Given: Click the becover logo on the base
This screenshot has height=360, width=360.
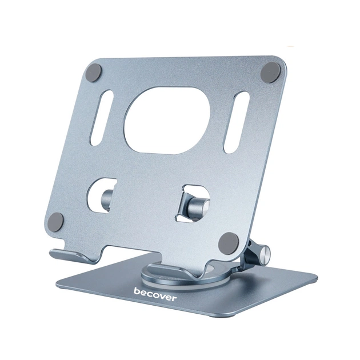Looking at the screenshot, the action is [155, 294].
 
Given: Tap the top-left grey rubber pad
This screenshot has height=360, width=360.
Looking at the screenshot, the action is [94, 72].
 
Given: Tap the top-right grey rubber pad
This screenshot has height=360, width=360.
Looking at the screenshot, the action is [270, 73].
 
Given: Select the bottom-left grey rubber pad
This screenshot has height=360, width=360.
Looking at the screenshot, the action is [55, 222].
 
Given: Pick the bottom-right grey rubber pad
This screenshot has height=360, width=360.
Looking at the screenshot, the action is [229, 243].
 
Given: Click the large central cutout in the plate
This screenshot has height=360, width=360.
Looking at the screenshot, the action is [167, 121].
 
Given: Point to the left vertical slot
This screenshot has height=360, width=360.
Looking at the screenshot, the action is [102, 118].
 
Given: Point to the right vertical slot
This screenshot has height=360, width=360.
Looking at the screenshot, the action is [237, 122].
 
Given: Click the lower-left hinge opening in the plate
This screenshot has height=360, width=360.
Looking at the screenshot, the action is [101, 195].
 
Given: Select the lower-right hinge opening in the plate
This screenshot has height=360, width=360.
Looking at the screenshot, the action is [193, 203].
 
